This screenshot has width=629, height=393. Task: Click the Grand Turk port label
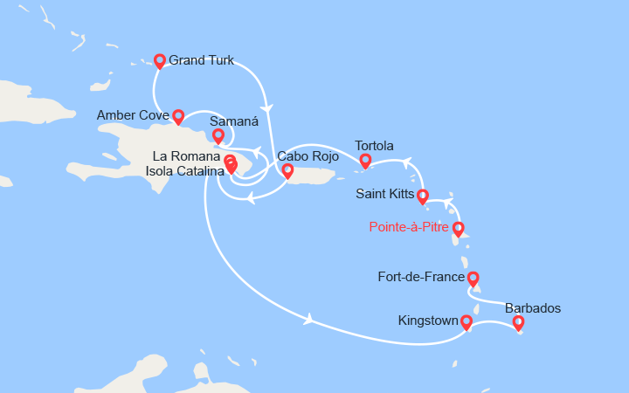pos(201,61)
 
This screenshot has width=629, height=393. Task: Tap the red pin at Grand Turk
pos(160,60)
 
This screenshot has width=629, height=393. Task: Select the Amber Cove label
pos(134,116)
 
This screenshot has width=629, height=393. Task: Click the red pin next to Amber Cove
pos(178,115)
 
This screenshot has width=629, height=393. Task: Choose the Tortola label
pos(374,145)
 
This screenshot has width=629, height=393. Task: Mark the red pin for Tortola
pos(366,160)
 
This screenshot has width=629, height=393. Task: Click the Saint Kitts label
pos(386,193)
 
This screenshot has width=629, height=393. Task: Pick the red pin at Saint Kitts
pos(423,196)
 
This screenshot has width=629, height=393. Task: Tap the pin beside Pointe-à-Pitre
pos(458,229)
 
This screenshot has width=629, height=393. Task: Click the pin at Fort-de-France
pos(473,279)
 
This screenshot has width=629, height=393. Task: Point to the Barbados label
pos(533,307)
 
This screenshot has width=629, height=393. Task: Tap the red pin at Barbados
pos(518,323)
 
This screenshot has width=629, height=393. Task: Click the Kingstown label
pos(426,321)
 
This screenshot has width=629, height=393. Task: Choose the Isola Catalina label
pos(182,170)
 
